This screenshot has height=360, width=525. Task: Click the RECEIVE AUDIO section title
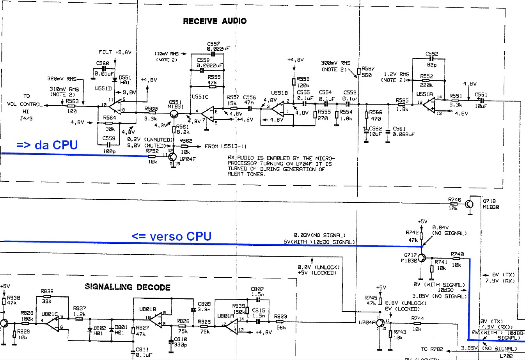tap(215, 21)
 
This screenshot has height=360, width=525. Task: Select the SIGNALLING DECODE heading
tap(128, 287)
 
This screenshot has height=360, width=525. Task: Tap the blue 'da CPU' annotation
tap(47, 145)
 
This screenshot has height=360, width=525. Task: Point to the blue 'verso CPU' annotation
tap(172, 236)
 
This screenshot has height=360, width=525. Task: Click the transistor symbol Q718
tap(470, 204)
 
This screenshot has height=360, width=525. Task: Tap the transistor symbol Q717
tap(422, 258)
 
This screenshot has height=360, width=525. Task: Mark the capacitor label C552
tap(432, 54)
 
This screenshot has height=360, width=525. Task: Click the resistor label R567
tap(368, 69)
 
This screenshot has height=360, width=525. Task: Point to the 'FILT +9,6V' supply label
tap(115, 52)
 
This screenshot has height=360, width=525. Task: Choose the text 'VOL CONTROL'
tap(25, 104)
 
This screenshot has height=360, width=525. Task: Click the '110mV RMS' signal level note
tap(167, 54)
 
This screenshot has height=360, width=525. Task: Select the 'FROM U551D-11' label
tap(226, 147)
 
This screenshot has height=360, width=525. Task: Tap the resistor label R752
tap(152, 151)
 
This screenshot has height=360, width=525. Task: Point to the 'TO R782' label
tap(432, 349)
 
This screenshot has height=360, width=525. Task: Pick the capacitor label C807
tap(257, 289)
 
